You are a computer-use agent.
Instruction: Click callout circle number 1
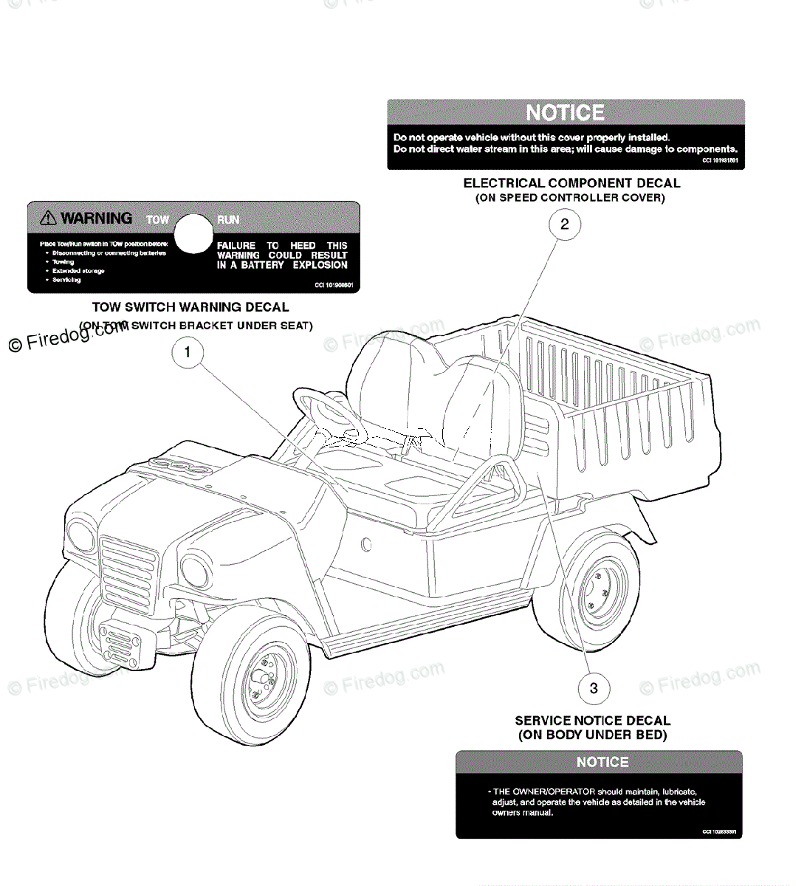[x=188, y=353]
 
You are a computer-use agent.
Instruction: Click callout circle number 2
[x=565, y=224]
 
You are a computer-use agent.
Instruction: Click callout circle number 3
[x=594, y=689]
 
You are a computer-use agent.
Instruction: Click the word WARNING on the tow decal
[x=97, y=219]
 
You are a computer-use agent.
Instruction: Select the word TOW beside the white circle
[x=157, y=220]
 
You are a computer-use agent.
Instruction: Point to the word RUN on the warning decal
[x=228, y=220]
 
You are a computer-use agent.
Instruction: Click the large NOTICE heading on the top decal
[x=565, y=113]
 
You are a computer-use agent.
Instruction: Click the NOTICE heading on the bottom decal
[x=602, y=762]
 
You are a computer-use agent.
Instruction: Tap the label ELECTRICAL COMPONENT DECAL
[x=571, y=183]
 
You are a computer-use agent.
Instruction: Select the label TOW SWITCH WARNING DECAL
[x=190, y=307]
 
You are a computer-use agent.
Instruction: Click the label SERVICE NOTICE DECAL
[x=592, y=721]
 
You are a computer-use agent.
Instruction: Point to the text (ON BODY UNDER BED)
[x=592, y=735]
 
